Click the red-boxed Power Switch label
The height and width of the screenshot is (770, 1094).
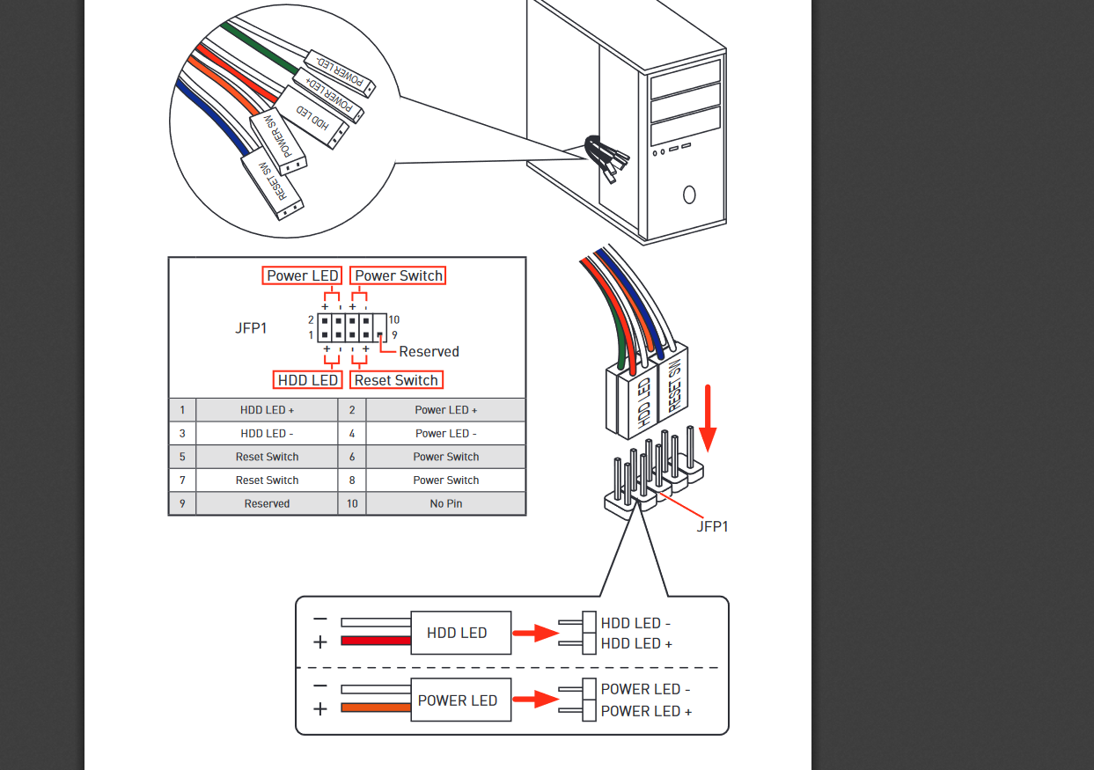(x=398, y=275)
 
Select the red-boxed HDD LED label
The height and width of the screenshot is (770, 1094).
(x=307, y=380)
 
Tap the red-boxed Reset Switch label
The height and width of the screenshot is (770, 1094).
(x=396, y=380)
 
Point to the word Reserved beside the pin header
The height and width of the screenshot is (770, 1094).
(x=429, y=351)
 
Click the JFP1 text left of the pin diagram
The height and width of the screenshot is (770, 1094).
(x=251, y=327)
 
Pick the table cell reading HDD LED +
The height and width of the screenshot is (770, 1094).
(x=267, y=410)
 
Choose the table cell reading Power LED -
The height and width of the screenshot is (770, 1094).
(x=445, y=434)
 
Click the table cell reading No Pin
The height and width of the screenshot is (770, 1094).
(x=445, y=504)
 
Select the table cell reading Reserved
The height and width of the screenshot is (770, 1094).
(x=267, y=504)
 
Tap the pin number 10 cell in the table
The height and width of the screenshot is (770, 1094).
(x=352, y=504)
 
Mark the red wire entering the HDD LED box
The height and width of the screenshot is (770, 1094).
(x=376, y=642)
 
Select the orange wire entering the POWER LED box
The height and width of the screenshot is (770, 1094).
(x=376, y=708)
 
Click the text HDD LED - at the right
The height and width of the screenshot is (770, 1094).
(x=635, y=623)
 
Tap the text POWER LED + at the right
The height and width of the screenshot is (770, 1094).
(x=645, y=711)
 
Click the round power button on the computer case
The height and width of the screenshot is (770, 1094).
(x=689, y=193)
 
